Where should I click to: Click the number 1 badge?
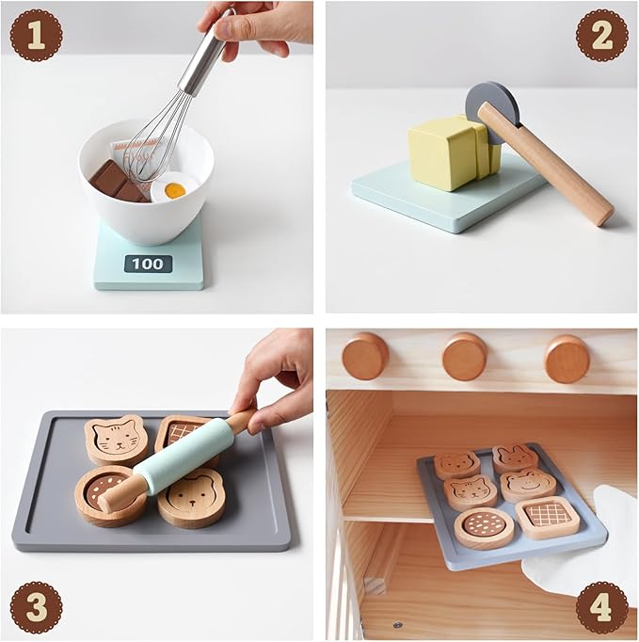pyautogui.click(x=36, y=36)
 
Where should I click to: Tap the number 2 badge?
pyautogui.click(x=602, y=36)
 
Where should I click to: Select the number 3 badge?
pyautogui.click(x=36, y=606)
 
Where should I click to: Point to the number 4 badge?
pyautogui.click(x=602, y=606)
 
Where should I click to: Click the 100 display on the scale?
pyautogui.click(x=148, y=264)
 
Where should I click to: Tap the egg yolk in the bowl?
pyautogui.click(x=175, y=190)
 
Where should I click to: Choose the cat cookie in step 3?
pyautogui.click(x=115, y=440)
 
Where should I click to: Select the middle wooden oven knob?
pyautogui.click(x=465, y=357)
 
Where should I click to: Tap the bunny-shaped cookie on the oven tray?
pyautogui.click(x=515, y=458)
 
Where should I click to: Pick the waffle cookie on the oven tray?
pyautogui.click(x=547, y=517)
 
